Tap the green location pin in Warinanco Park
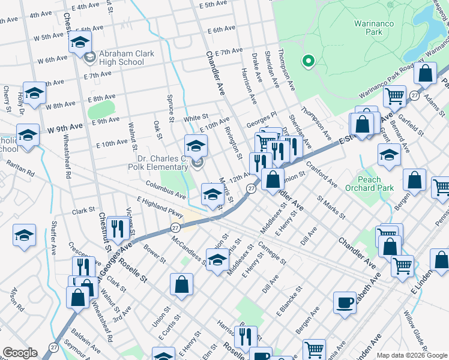coord(309,61)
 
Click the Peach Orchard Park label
coord(378,184)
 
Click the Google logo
coord(20,353)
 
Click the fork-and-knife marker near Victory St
coord(117,228)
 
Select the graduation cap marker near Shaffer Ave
coord(24,235)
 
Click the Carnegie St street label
coord(271,251)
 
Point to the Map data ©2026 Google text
coord(412,355)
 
